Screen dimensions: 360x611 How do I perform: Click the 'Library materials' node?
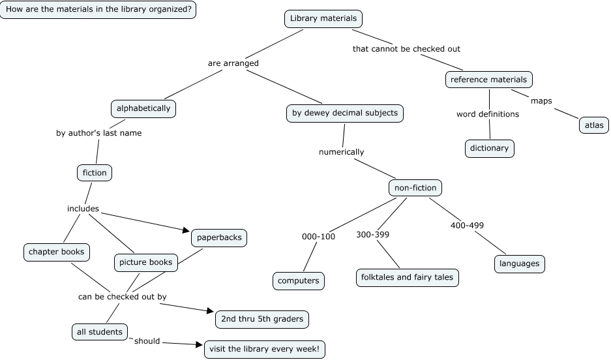(x=323, y=19)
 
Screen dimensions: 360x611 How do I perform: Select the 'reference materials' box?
(x=489, y=80)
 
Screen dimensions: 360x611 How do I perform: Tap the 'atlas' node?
(x=593, y=125)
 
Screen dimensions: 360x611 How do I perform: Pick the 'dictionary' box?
(x=489, y=148)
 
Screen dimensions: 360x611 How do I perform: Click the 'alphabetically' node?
(x=143, y=108)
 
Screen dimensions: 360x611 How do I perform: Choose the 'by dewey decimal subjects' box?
(x=344, y=113)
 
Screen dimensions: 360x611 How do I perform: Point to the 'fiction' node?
(x=95, y=173)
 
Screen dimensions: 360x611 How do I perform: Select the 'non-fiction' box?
(x=415, y=188)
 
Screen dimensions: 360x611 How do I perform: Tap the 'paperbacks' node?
(x=219, y=237)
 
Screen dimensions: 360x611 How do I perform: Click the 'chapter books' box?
(x=57, y=251)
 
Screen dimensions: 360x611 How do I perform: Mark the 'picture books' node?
(x=145, y=263)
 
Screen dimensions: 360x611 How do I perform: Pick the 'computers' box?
(x=299, y=280)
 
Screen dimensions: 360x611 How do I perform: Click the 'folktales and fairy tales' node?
(x=407, y=277)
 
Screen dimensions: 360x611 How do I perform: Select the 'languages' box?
(x=519, y=263)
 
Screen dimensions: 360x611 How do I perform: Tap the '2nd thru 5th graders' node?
(x=261, y=319)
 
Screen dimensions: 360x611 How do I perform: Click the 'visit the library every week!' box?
(x=264, y=349)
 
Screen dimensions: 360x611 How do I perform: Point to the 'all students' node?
(x=99, y=332)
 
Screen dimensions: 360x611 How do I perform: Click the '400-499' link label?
(x=467, y=226)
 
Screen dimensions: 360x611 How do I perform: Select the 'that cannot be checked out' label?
(x=406, y=49)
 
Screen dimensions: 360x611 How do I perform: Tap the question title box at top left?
(x=98, y=10)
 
